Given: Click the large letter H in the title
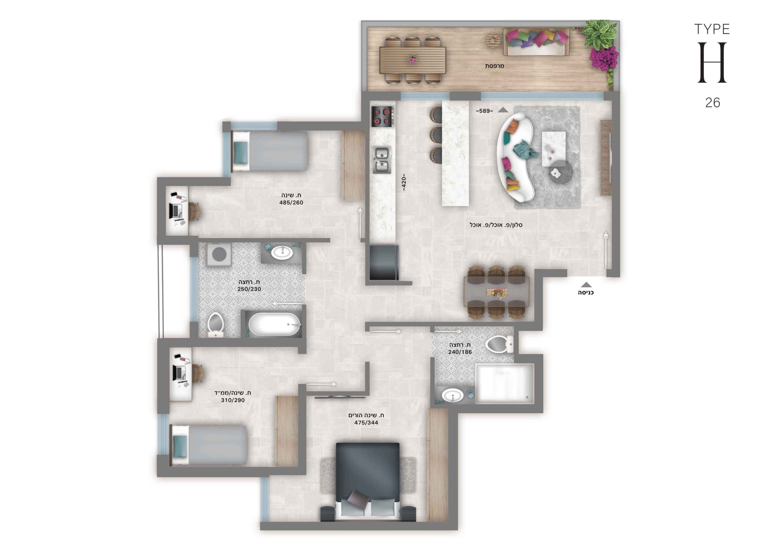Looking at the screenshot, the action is coord(712,63).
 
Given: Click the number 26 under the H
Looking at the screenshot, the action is coord(713,103).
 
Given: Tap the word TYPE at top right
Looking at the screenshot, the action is coord(712,30).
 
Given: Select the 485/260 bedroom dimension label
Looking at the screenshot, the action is coord(291,202).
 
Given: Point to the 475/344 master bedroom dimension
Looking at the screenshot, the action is coord(366,422).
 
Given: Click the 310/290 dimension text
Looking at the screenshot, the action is coord(233,400).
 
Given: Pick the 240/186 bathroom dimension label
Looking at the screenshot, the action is coord(460,352).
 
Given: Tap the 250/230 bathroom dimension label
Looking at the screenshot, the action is coord(249,289).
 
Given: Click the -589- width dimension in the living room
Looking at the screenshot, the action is coord(484,111).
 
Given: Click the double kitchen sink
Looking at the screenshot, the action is coord(382,160).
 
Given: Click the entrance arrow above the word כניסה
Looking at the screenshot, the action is coord(586,285).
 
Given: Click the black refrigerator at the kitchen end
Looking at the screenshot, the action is coord(384,263).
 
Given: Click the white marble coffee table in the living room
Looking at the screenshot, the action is coord(554,149).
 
